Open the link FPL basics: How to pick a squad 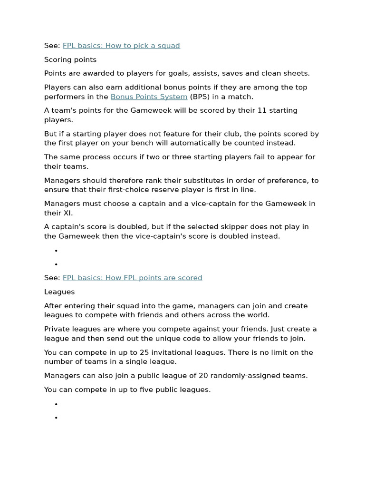pyautogui.click(x=121, y=46)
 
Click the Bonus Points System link pyautogui.click(x=149, y=97)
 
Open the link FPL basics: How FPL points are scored pyautogui.click(x=132, y=278)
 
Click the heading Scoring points pyautogui.click(x=70, y=59)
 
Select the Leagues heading pyautogui.click(x=59, y=292)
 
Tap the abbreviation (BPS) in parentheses pyautogui.click(x=200, y=97)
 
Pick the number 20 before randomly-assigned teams pyautogui.click(x=203, y=375)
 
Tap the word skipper pyautogui.click(x=213, y=226)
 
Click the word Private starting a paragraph pyautogui.click(x=57, y=329)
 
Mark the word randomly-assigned pyautogui.click(x=248, y=375)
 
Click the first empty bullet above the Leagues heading pyautogui.click(x=56, y=251)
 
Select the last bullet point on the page pyautogui.click(x=56, y=418)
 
